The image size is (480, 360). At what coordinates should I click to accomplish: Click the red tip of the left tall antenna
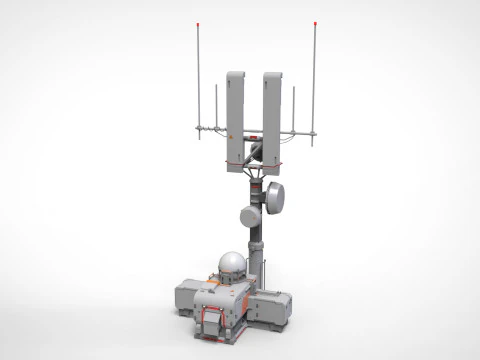[200, 23]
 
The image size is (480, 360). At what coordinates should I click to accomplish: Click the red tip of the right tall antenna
[316, 23]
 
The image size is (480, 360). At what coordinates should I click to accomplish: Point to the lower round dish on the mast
[250, 216]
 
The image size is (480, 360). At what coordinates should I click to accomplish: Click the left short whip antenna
[216, 105]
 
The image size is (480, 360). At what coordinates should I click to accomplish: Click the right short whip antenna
[296, 105]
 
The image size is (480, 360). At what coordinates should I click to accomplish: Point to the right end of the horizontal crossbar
[318, 131]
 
